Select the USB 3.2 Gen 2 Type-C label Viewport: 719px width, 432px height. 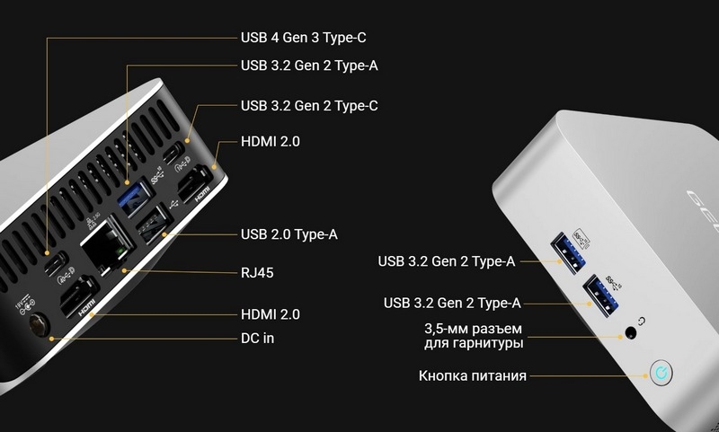(308, 106)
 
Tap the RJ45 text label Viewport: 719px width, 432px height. (257, 270)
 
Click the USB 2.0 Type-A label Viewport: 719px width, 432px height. (288, 234)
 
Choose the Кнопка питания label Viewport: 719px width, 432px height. (472, 375)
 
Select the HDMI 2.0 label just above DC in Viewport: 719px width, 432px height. (271, 314)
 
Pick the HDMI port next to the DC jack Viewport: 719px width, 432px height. (77, 297)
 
